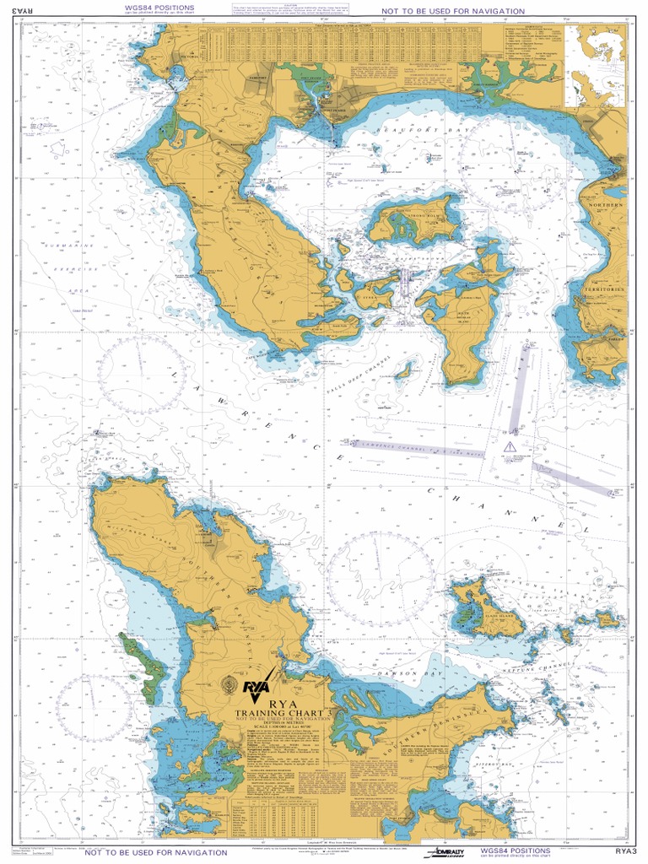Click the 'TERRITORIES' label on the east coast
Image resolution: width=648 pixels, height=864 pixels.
[604, 289]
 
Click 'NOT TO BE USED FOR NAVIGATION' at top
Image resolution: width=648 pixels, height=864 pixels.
[452, 11]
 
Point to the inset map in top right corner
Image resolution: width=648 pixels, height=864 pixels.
[595, 65]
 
